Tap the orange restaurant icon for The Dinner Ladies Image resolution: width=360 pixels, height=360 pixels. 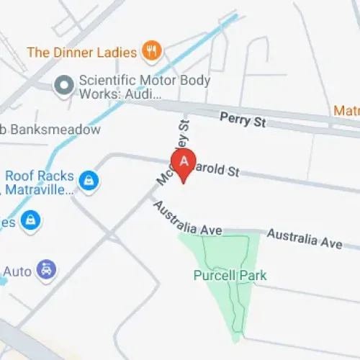[x=151, y=51]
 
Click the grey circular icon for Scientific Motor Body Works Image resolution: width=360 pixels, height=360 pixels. [x=64, y=86]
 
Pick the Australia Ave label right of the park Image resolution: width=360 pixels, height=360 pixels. [x=305, y=239]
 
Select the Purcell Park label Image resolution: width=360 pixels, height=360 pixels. [x=230, y=275]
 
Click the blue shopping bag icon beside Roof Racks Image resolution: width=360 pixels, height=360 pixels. [x=89, y=180]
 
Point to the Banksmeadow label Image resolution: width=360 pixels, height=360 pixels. [x=54, y=130]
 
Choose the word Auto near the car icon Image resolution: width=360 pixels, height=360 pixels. [x=17, y=271]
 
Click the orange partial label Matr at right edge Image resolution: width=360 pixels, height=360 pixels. [x=346, y=111]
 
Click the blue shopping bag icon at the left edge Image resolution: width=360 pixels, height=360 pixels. [x=30, y=220]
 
